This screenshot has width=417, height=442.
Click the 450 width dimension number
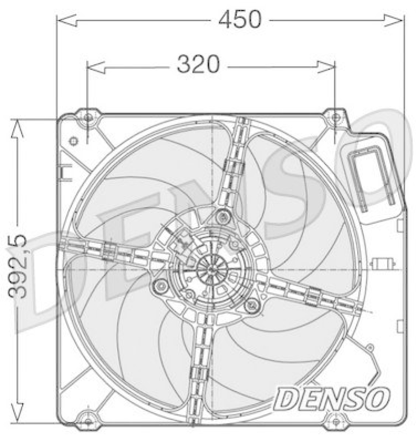pos(239,20)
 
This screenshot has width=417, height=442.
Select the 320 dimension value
pos(198,66)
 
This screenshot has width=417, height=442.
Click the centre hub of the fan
pos(212,269)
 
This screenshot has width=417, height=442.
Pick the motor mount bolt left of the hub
pos(161,286)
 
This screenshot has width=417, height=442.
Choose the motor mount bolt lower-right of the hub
pos(252,304)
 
